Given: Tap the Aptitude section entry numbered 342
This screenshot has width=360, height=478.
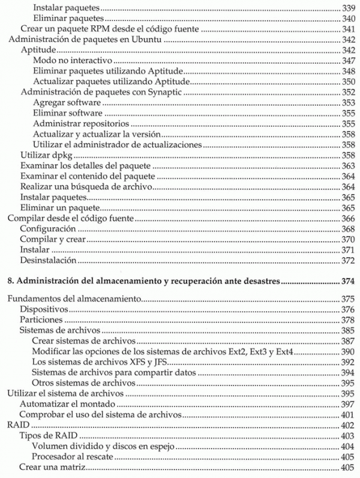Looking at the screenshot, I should click(39, 50).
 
